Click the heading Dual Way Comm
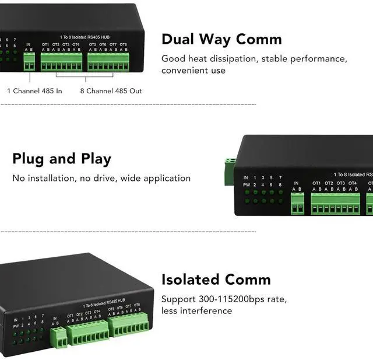tap(221, 39)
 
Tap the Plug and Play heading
tap(61, 159)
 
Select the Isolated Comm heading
tap(216, 279)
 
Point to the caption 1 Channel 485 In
tap(34, 91)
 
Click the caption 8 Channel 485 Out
tap(111, 91)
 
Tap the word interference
tap(207, 311)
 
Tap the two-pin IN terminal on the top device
tap(29, 61)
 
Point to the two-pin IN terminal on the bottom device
tap(58, 337)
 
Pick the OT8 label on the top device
tap(123, 44)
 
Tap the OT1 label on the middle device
tap(316, 183)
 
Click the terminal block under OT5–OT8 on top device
tap(108, 62)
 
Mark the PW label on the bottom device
tap(16, 326)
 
